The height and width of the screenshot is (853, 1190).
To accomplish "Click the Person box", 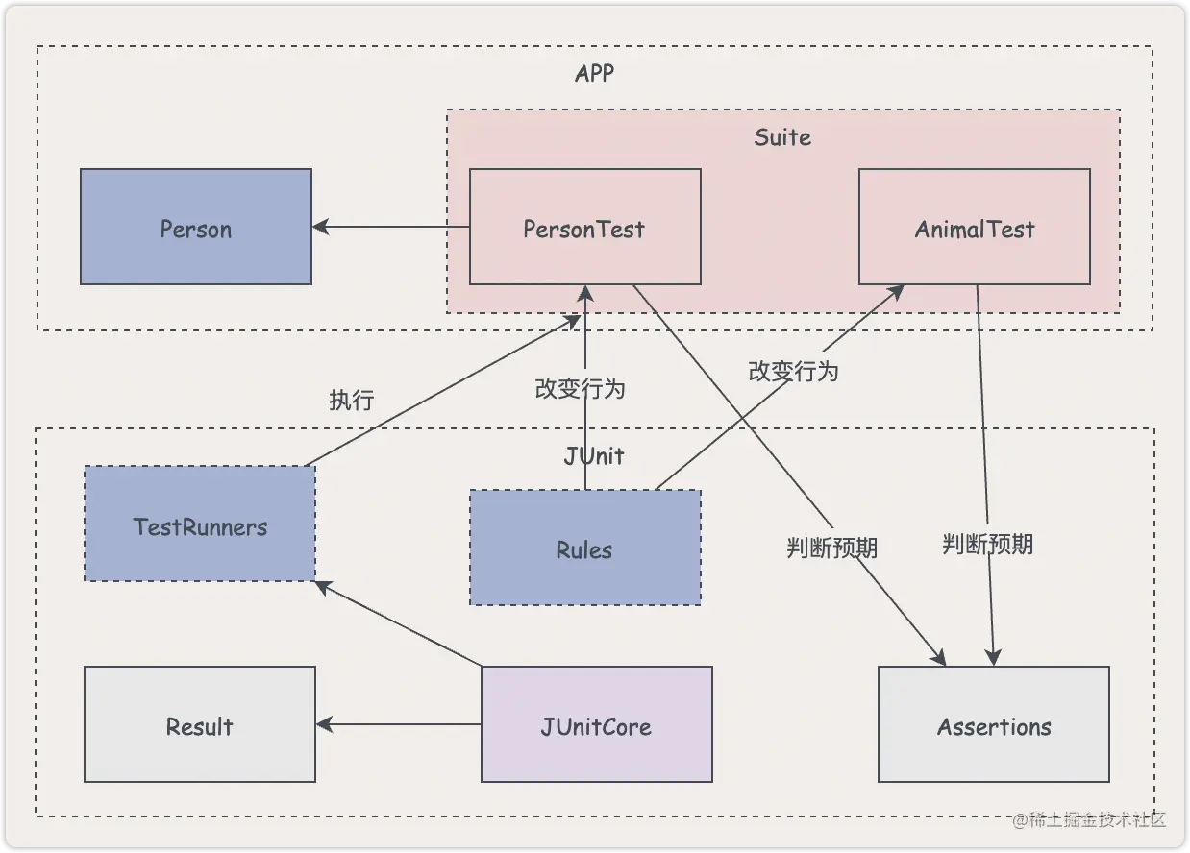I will (196, 228).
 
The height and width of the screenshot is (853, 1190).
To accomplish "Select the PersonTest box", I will (584, 228).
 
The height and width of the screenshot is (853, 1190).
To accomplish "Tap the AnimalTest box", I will (974, 228).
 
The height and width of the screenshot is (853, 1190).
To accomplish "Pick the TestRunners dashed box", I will (200, 524).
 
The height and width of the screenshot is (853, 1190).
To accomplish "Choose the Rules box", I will (584, 548).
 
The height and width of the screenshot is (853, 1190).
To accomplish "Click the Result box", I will (200, 725).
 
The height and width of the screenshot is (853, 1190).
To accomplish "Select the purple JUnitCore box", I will (596, 725).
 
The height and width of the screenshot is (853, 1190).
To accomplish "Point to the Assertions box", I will (994, 725).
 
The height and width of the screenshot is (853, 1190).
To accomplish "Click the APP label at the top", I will (594, 74).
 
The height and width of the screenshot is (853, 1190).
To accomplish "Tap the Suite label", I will (782, 137).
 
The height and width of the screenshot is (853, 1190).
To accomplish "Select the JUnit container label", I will (594, 455).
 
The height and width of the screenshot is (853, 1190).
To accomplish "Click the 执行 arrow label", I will (351, 400).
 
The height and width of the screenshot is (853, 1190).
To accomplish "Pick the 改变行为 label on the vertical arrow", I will (581, 388).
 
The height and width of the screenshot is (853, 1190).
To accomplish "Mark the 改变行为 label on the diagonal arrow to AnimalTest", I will (793, 371).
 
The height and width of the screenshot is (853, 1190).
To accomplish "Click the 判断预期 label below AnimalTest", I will (987, 545).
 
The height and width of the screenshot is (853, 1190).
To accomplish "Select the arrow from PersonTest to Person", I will (391, 228).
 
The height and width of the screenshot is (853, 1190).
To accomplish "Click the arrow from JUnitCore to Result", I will (399, 725).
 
